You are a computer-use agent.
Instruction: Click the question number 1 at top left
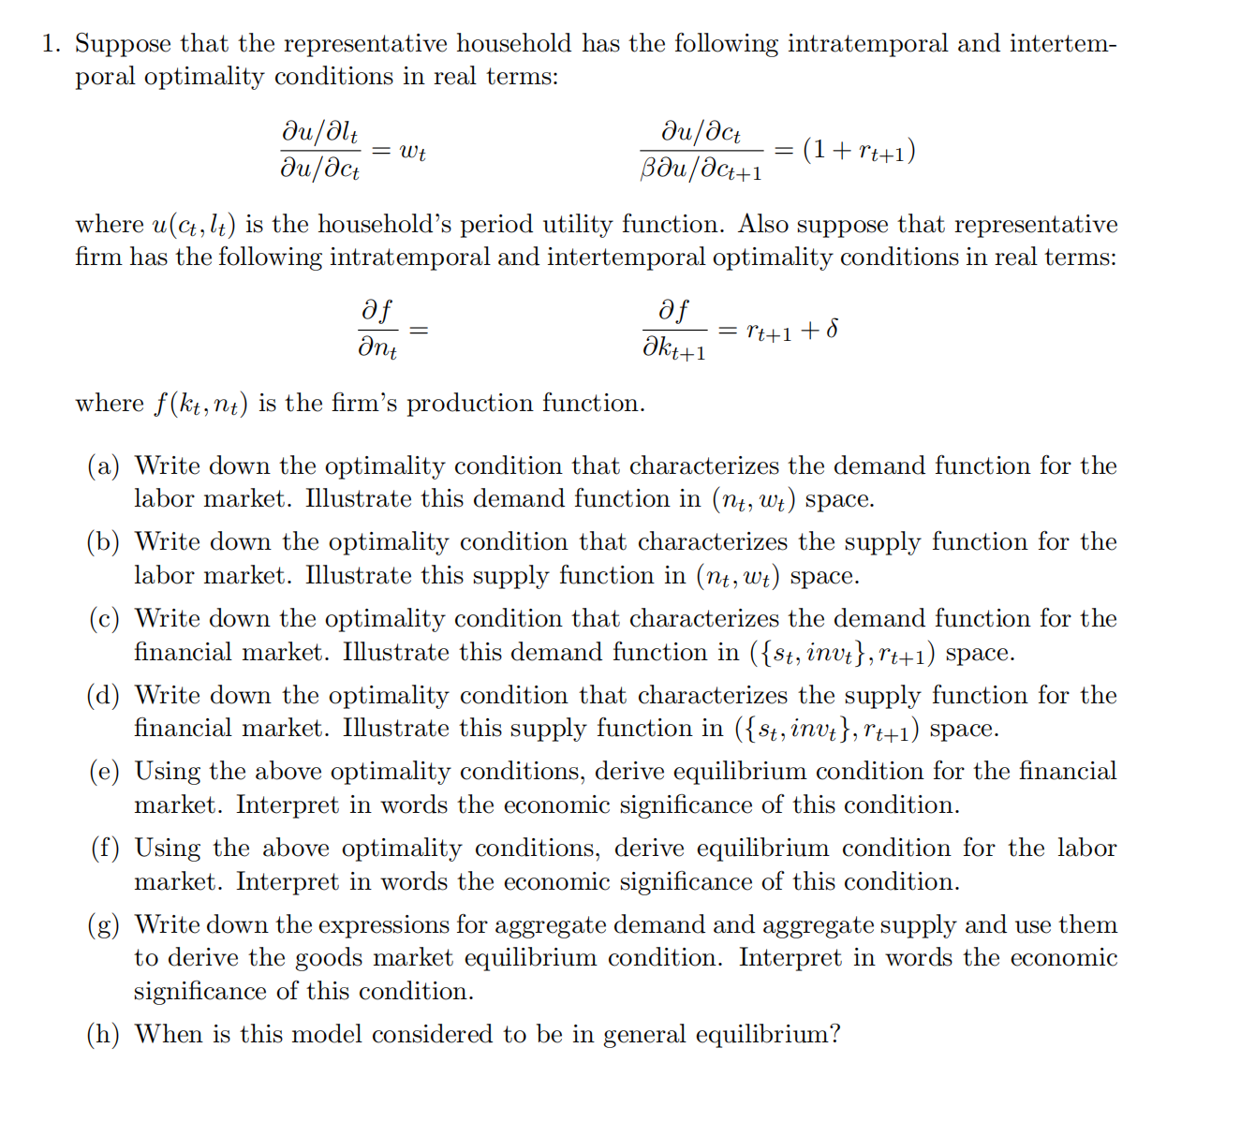coord(51,44)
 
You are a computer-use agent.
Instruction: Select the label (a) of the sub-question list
coord(104,466)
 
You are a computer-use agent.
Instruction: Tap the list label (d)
coord(104,696)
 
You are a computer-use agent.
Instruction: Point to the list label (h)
coord(104,1035)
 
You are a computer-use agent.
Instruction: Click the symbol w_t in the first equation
coord(412,151)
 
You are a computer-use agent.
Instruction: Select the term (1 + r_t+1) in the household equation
coord(859,151)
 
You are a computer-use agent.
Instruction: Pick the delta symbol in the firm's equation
coord(833,330)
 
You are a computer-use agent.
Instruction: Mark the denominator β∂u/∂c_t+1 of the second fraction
coord(701,170)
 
